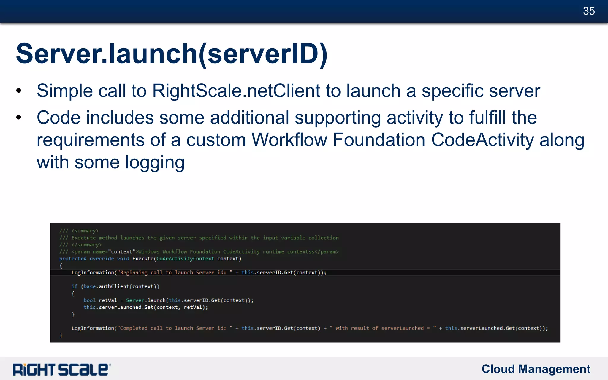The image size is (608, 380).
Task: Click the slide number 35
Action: pyautogui.click(x=589, y=11)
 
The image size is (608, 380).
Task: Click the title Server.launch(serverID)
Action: pyautogui.click(x=172, y=54)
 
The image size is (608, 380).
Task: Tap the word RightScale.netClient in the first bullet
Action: pyautogui.click(x=236, y=91)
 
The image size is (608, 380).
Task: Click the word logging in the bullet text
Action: pyautogui.click(x=155, y=162)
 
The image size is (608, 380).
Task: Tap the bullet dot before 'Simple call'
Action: pyautogui.click(x=19, y=91)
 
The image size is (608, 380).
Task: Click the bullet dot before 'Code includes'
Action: pyautogui.click(x=19, y=118)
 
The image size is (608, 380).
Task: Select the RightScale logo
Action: pyautogui.click(x=62, y=369)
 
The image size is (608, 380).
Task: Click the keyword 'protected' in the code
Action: pyautogui.click(x=73, y=259)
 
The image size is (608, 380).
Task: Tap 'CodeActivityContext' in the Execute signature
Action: pyautogui.click(x=185, y=259)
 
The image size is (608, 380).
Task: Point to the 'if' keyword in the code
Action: pyautogui.click(x=74, y=286)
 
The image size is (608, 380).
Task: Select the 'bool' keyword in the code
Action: pyautogui.click(x=89, y=300)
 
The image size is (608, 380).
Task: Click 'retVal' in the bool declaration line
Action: pyautogui.click(x=108, y=300)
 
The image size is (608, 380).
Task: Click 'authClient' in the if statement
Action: pyautogui.click(x=114, y=286)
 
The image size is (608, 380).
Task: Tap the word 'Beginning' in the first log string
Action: pyautogui.click(x=134, y=273)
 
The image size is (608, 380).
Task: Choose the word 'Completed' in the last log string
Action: pyautogui.click(x=134, y=328)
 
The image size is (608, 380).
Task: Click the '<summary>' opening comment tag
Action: pyautogui.click(x=85, y=231)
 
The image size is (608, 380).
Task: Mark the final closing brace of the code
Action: pyautogui.click(x=61, y=335)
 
